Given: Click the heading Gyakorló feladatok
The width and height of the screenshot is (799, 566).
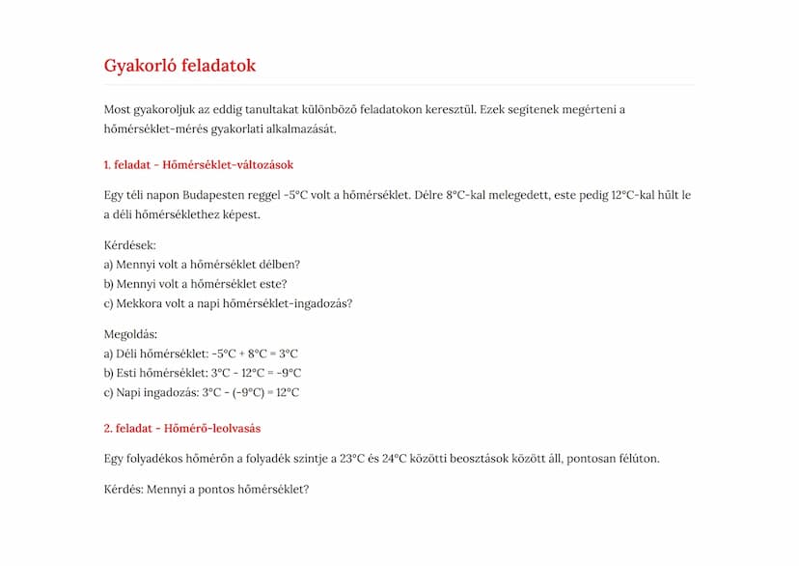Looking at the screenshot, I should pyautogui.click(x=179, y=66).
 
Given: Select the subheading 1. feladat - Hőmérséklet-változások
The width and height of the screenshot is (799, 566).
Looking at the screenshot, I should pyautogui.click(x=198, y=165).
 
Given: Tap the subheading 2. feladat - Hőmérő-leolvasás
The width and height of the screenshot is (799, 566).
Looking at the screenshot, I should pyautogui.click(x=181, y=428).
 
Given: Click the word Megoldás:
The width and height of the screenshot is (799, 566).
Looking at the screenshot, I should pyautogui.click(x=130, y=334).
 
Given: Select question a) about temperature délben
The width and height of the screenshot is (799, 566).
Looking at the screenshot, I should pyautogui.click(x=202, y=265).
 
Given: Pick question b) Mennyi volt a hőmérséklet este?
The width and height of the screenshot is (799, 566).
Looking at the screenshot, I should pyautogui.click(x=195, y=284).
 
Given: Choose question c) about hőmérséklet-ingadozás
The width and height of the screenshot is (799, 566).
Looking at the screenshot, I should pyautogui.click(x=228, y=303).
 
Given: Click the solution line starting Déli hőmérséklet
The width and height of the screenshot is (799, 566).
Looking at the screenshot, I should pyautogui.click(x=201, y=354).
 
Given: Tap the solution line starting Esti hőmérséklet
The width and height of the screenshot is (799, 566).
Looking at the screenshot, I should pyautogui.click(x=202, y=373).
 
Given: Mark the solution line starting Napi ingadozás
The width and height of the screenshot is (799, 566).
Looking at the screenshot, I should pyautogui.click(x=201, y=392).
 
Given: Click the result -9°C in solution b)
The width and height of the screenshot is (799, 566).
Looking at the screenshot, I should pyautogui.click(x=289, y=373).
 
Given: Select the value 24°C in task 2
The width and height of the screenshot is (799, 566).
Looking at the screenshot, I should pyautogui.click(x=396, y=459).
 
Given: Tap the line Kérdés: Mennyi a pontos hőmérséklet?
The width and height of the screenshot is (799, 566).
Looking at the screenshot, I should pyautogui.click(x=206, y=490).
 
